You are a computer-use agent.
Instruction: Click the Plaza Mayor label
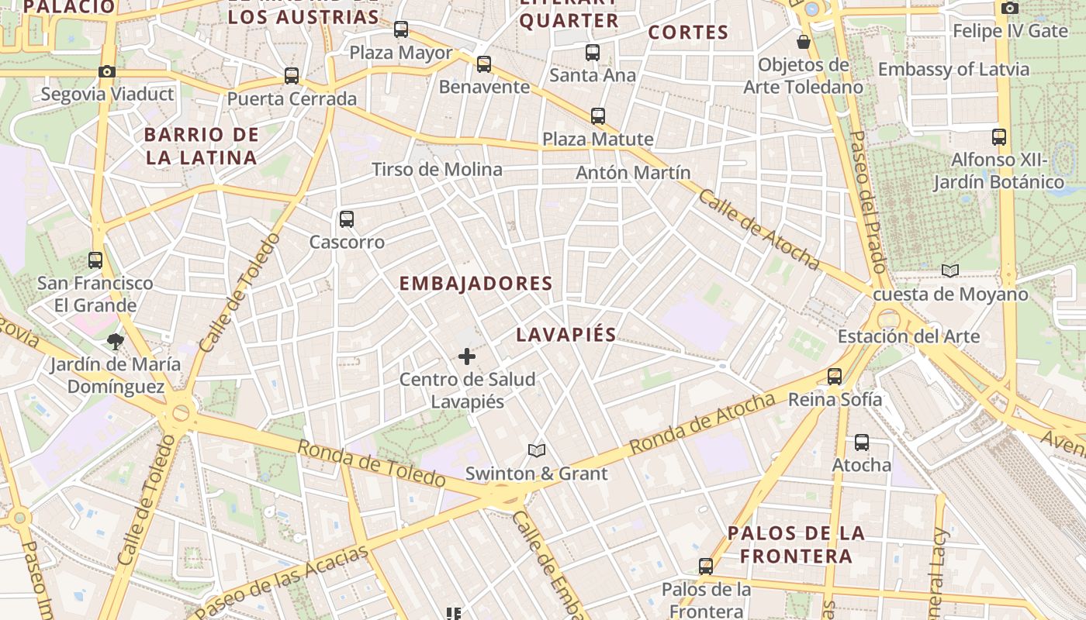tap(401, 53)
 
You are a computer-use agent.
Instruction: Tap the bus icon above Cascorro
tap(347, 219)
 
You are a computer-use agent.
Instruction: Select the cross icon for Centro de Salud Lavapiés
tap(467, 356)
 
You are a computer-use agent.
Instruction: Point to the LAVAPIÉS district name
tap(566, 335)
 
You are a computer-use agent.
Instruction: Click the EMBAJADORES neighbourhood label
tap(476, 284)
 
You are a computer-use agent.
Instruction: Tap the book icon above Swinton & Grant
tap(536, 450)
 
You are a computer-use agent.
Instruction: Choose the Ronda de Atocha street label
tap(701, 424)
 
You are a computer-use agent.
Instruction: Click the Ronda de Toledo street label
tap(371, 464)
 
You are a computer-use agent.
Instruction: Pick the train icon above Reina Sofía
tap(835, 377)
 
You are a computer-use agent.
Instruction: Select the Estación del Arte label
tap(908, 336)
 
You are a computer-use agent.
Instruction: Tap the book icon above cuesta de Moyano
tap(950, 271)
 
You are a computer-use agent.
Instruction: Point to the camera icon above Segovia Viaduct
tap(107, 72)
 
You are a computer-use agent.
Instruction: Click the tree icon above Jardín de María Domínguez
tap(116, 341)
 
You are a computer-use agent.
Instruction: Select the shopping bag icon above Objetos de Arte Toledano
tap(804, 42)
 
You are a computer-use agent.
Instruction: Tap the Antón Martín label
tap(633, 172)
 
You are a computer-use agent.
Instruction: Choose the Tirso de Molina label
tap(437, 169)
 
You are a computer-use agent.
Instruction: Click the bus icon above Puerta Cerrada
tap(292, 76)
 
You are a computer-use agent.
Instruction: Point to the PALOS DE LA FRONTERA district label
tap(796, 544)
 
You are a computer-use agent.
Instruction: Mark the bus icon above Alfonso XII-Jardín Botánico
tap(999, 138)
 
